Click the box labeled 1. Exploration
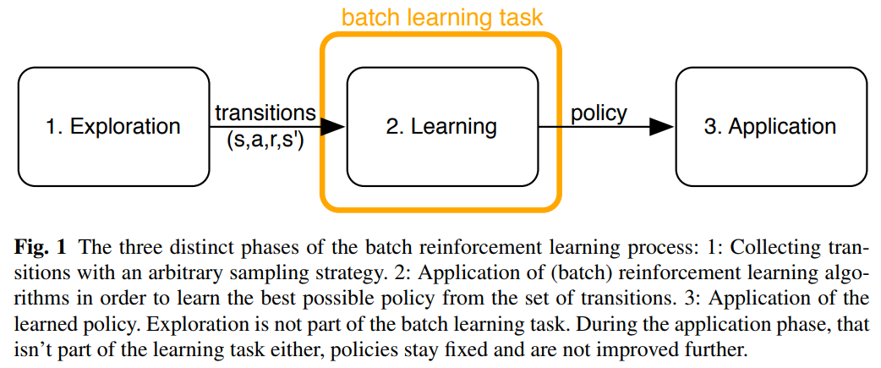(113, 127)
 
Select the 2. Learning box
(441, 127)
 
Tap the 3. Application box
(770, 127)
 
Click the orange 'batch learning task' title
(442, 17)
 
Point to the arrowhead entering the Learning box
(335, 127)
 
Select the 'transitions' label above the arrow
(265, 113)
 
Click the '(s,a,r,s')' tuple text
(265, 141)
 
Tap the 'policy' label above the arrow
(599, 113)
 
